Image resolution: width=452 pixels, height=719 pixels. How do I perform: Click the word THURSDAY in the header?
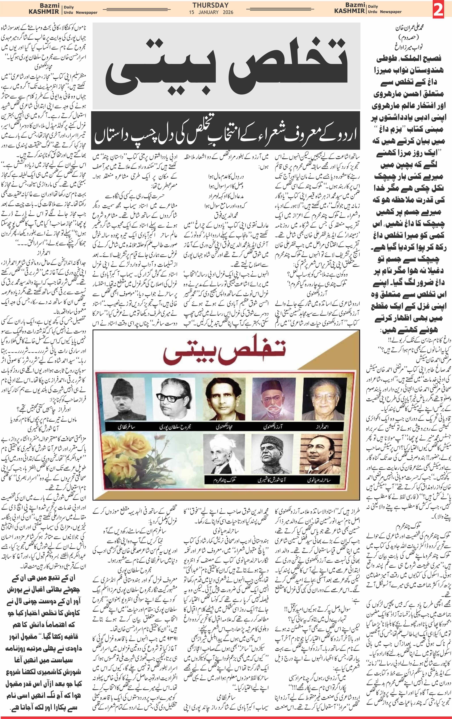pos(210,5)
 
